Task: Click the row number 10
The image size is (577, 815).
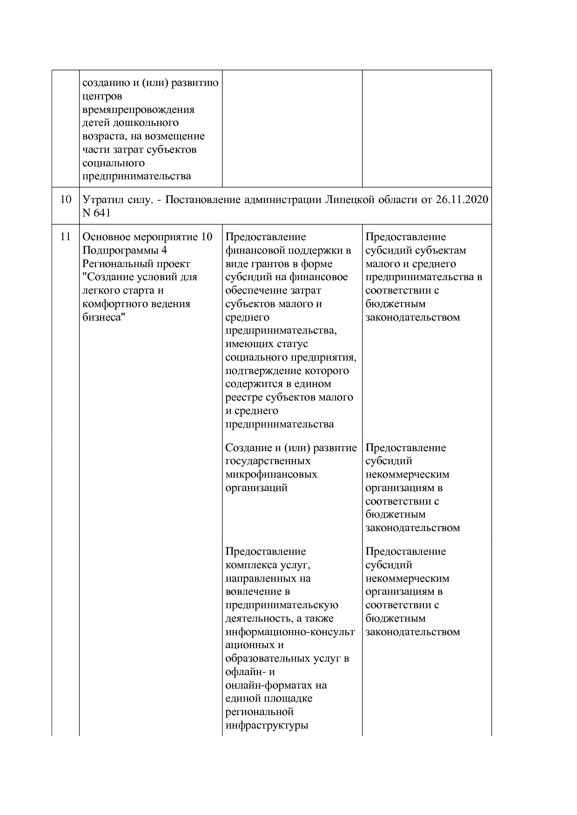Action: click(66, 200)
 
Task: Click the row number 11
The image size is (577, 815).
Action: click(66, 237)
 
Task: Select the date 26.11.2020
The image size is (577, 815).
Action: click(462, 200)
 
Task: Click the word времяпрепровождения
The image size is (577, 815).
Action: click(138, 110)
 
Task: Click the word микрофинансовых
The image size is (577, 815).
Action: click(271, 474)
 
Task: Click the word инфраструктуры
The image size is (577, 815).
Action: click(267, 725)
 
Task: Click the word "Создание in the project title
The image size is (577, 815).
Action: click(107, 277)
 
